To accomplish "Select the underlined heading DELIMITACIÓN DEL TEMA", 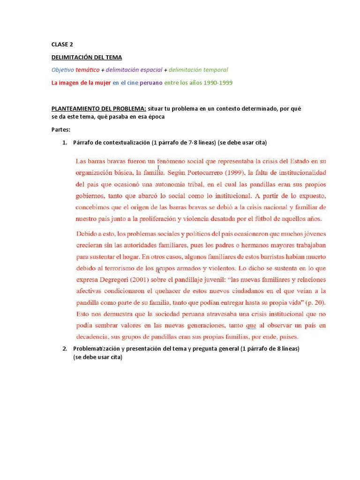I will [x=87, y=57].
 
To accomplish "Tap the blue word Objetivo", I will [x=63, y=70].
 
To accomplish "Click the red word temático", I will [x=88, y=70].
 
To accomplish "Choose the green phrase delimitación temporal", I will [x=198, y=70].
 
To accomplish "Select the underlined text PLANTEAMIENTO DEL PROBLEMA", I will [x=99, y=108].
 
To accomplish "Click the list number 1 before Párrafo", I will [x=64, y=142].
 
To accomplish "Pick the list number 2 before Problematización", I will [x=64, y=349].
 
